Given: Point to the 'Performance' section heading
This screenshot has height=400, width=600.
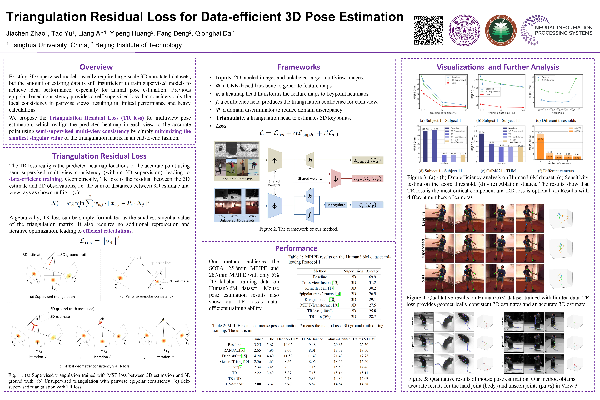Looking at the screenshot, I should (296, 248).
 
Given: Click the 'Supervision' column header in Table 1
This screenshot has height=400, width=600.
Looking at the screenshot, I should (353, 271).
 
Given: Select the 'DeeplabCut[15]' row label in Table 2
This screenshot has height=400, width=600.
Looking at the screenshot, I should (234, 356).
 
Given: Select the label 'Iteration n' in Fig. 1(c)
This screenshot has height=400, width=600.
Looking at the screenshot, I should (165, 357).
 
